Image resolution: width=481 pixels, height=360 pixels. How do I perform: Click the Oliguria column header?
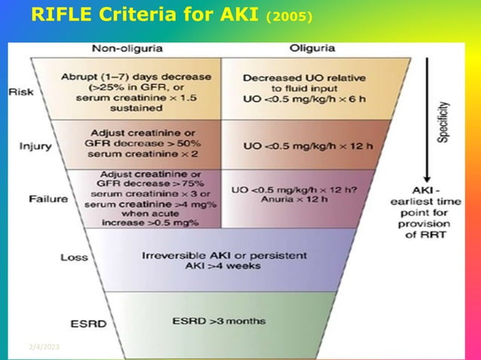[x=311, y=49]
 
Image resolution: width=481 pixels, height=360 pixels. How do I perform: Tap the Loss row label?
[x=75, y=258]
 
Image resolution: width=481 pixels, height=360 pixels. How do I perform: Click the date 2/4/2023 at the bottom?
[x=44, y=347]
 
